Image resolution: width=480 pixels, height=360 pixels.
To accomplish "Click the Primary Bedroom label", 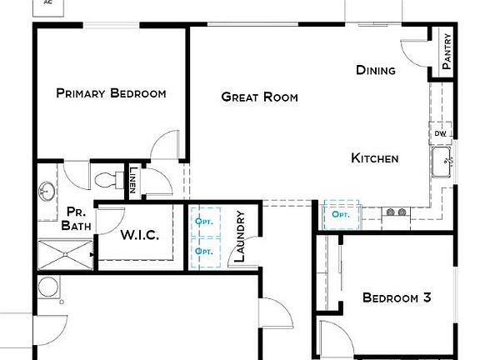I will pos(111,93).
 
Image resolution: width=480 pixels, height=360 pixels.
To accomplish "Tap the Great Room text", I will pos(259,97).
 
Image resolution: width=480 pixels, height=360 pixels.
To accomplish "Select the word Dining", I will pos(375,70).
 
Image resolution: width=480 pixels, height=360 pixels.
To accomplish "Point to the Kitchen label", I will pos(374,158).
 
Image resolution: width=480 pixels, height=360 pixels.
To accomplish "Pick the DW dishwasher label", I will pos(439,133).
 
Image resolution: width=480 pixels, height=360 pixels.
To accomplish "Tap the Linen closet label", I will pos(133,180).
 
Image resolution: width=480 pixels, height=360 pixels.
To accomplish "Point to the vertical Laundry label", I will pos(239,236).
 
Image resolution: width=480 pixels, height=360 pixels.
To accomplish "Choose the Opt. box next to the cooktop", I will pos(340,215).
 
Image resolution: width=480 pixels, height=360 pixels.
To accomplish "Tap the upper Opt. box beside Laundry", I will pos(203,222).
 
